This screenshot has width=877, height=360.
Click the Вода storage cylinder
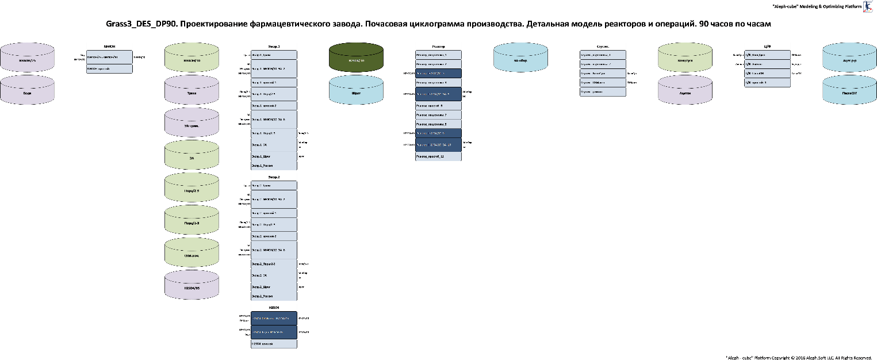click(x=27, y=90)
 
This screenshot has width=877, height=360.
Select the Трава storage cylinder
click(x=192, y=90)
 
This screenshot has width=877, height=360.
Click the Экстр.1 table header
click(x=274, y=46)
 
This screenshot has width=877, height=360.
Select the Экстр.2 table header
click(x=274, y=177)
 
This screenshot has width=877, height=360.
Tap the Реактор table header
click(x=438, y=46)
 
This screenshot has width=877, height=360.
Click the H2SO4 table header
click(x=274, y=307)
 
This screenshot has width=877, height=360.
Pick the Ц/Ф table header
click(x=767, y=46)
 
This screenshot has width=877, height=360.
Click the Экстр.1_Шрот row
click(x=274, y=156)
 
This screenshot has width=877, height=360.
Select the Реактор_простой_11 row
click(x=438, y=156)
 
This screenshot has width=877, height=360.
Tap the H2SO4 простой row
click(x=274, y=343)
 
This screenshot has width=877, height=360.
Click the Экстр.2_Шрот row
click(x=274, y=286)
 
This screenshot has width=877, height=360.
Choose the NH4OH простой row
click(x=109, y=68)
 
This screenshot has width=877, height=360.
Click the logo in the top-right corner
click(x=868, y=6)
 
